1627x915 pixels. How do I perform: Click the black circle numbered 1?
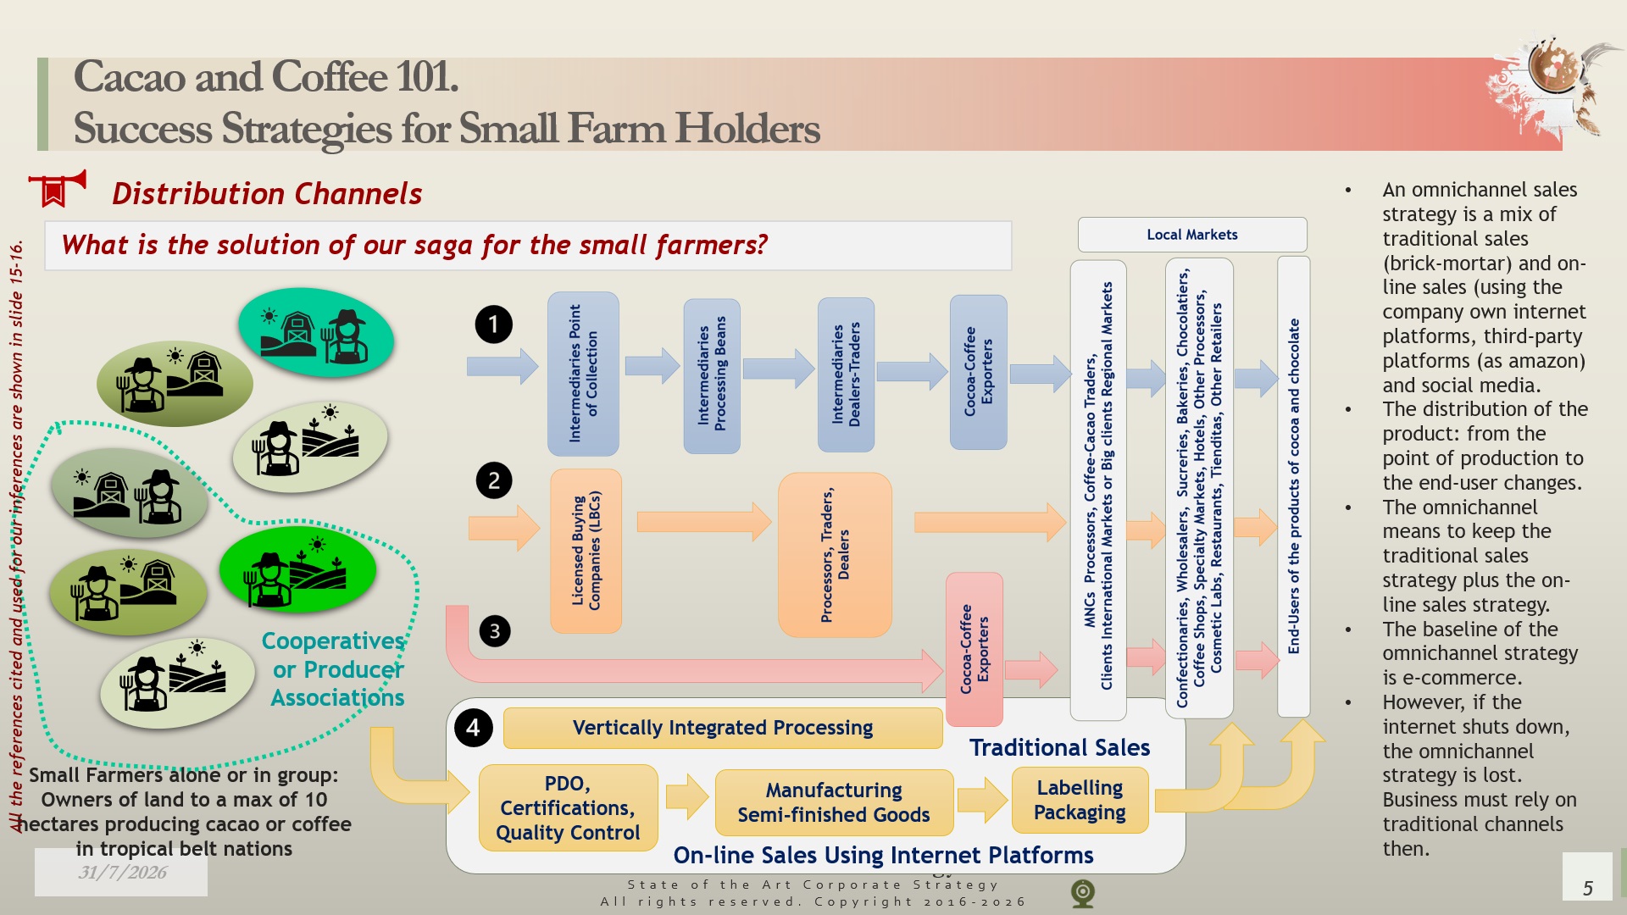pyautogui.click(x=494, y=324)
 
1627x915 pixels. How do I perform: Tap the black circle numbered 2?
pyautogui.click(x=494, y=481)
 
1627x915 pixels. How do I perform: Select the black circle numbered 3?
pyautogui.click(x=495, y=631)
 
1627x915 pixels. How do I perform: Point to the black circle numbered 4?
pyautogui.click(x=473, y=728)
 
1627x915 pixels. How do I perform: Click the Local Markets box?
pyautogui.click(x=1192, y=235)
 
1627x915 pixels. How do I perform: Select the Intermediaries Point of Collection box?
pyautogui.click(x=583, y=374)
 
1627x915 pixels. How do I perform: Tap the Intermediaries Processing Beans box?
pyautogui.click(x=712, y=375)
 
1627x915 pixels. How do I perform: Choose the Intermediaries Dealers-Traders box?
pyautogui.click(x=846, y=374)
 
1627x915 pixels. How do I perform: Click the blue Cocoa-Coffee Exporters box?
pyautogui.click(x=979, y=372)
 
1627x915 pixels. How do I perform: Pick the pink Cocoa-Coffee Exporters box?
pyautogui.click(x=975, y=649)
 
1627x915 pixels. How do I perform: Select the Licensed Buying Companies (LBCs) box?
pyautogui.click(x=586, y=551)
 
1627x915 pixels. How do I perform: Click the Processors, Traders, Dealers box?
pyautogui.click(x=835, y=555)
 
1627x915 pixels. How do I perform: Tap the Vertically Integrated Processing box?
pyautogui.click(x=723, y=728)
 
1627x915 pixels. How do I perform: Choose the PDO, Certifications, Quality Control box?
pyautogui.click(x=568, y=808)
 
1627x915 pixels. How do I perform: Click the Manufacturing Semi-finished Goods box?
pyautogui.click(x=834, y=802)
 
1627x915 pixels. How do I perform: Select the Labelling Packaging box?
pyautogui.click(x=1080, y=800)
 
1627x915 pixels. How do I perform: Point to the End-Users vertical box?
pyautogui.click(x=1294, y=486)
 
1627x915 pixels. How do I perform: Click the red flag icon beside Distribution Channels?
pyautogui.click(x=57, y=188)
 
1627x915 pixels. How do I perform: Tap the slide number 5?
pyautogui.click(x=1588, y=888)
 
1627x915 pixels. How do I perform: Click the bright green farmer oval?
pyautogui.click(x=297, y=568)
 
